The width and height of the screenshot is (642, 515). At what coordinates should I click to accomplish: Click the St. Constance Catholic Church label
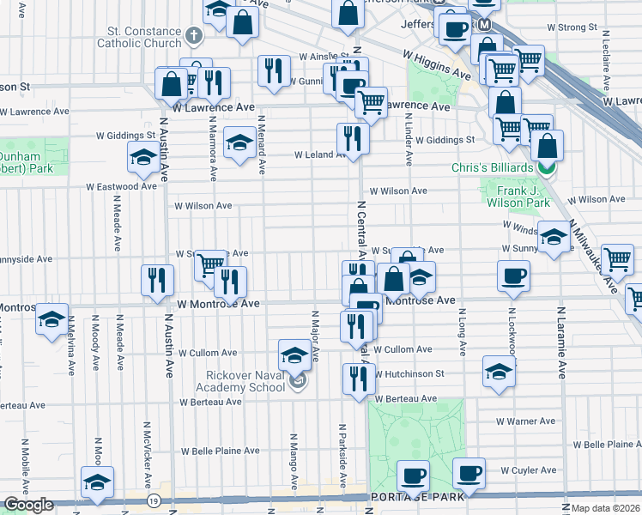coord(139,36)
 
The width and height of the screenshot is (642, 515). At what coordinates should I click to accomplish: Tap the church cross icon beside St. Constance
coord(194,36)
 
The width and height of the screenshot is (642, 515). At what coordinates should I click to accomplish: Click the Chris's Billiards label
coord(494,167)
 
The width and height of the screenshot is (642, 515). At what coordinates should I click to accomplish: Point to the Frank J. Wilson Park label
coord(518,197)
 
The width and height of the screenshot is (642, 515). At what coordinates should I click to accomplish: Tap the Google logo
coord(28,505)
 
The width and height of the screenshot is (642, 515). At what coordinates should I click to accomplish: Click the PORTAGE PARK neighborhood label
coord(417,497)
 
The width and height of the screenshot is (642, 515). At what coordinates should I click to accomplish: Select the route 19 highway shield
coord(153,500)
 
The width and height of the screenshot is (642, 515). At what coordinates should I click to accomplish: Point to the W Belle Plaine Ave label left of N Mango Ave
coord(220,451)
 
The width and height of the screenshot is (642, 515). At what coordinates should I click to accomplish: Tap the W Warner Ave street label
coord(526,421)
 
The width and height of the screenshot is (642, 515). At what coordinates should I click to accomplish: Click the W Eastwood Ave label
coord(121,186)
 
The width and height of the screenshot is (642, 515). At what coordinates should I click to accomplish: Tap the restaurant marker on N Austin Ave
coord(157,281)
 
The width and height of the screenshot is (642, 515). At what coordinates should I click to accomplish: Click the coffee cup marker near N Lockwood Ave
coord(513,276)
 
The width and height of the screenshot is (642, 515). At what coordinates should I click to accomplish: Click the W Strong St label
coord(568,27)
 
